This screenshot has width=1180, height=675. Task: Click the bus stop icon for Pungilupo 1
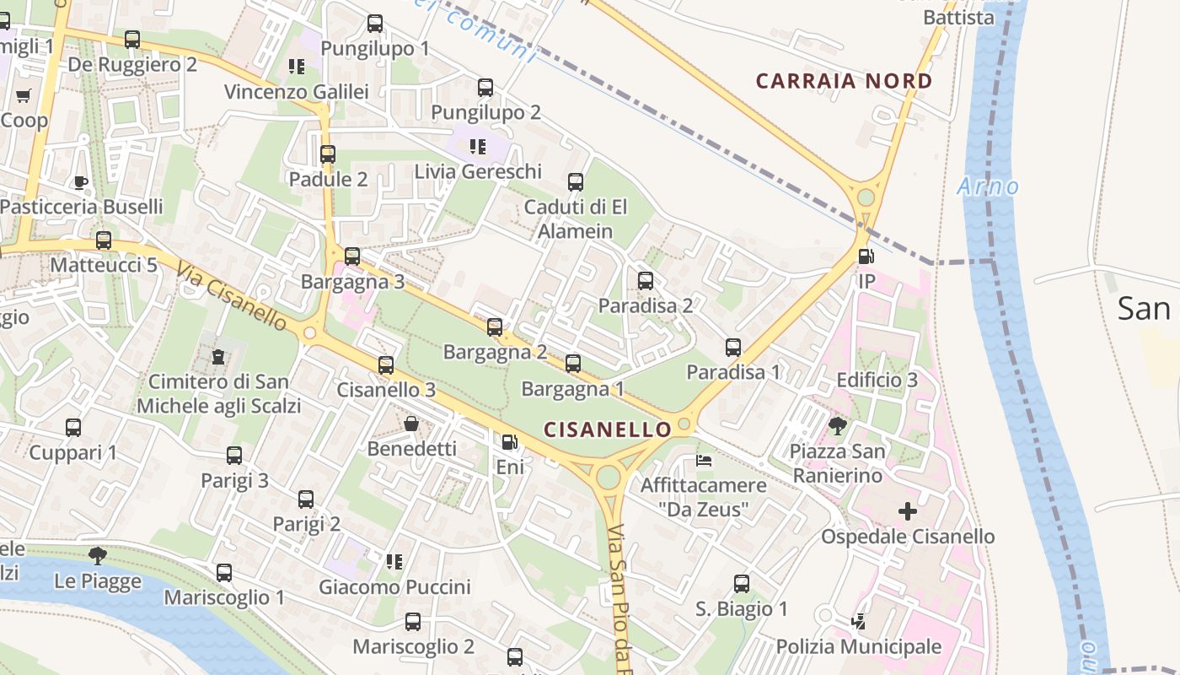375,24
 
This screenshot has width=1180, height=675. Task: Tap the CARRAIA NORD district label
844,81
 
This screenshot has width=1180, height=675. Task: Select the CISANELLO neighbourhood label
607,429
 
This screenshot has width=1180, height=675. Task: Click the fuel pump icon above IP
865,256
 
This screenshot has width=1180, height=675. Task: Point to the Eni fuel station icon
509,442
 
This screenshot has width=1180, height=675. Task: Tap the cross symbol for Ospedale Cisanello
907,511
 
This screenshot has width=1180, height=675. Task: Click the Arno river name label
988,186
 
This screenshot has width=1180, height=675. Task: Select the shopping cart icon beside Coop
24,95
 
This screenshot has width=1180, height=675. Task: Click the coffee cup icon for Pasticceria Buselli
81,182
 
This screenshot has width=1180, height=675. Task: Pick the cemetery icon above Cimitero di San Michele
218,357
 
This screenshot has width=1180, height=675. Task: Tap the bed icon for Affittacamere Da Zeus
704,461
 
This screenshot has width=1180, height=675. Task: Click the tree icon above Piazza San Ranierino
837,425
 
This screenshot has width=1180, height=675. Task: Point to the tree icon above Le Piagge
98,555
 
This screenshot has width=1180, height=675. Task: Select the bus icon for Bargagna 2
495,327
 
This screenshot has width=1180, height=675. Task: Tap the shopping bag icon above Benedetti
411,424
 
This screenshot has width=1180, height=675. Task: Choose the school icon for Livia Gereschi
478,147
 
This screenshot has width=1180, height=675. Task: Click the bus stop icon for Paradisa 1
733,348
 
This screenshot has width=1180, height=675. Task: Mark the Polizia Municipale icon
858,622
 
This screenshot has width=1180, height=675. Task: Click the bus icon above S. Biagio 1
742,584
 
